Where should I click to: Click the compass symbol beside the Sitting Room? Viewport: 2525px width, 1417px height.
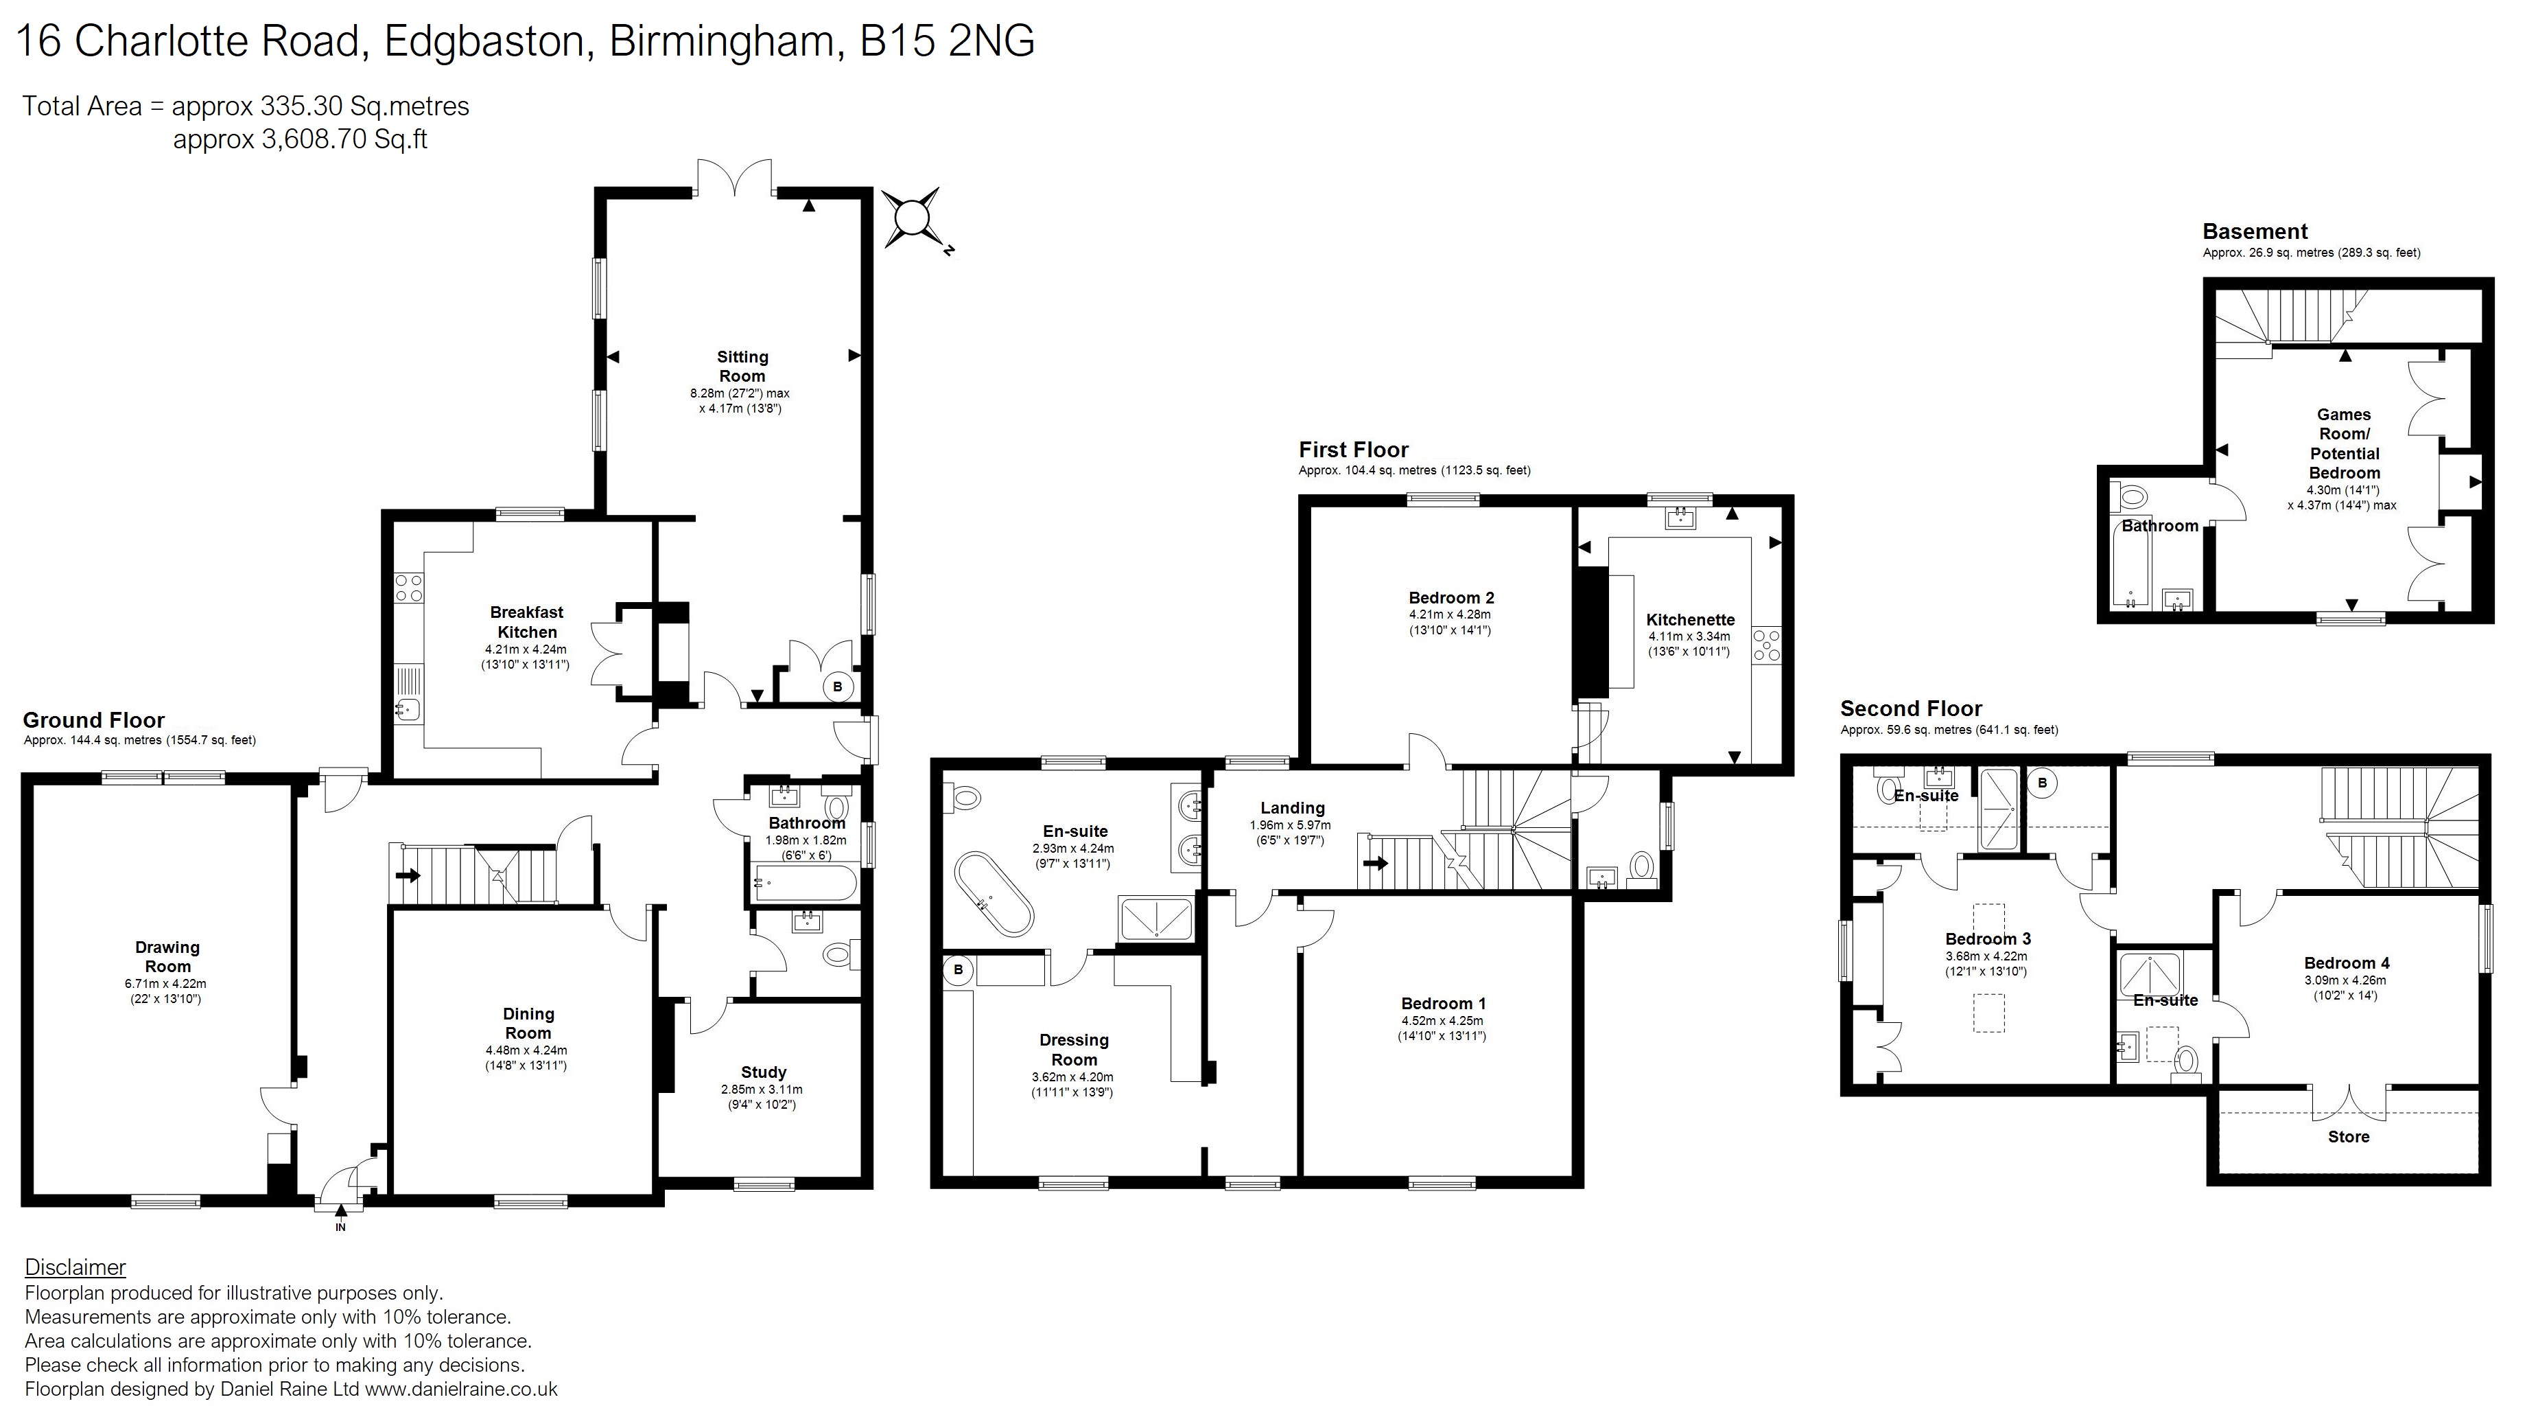point(913,218)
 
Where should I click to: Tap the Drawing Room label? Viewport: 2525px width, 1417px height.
point(167,956)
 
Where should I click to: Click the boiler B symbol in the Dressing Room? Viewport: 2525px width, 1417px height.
point(958,970)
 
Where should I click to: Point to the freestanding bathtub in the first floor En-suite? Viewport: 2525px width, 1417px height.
point(994,893)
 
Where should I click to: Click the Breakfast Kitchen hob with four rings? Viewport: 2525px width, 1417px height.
point(408,588)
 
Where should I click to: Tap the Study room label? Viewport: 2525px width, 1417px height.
point(764,1072)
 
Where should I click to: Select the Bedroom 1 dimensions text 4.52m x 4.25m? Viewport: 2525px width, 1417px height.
point(1442,1021)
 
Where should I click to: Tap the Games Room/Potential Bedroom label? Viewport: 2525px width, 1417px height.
point(2344,443)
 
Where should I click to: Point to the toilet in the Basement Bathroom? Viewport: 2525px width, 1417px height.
point(2132,497)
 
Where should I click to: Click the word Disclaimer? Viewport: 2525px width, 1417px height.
point(75,1267)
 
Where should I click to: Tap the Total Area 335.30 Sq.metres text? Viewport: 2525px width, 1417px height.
point(245,106)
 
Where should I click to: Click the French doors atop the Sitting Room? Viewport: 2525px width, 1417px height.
point(735,178)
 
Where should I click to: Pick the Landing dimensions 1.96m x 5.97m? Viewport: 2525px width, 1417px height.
point(1290,826)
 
